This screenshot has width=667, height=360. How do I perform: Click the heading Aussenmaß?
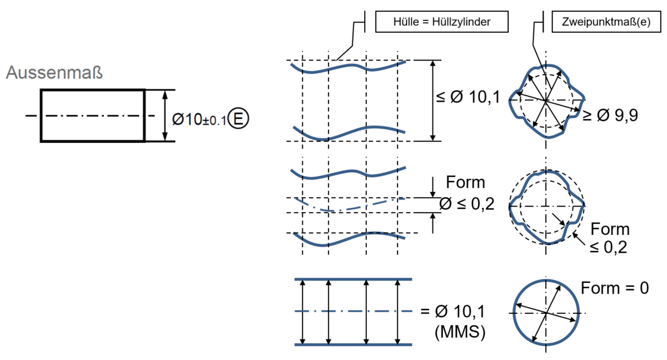[x=54, y=72]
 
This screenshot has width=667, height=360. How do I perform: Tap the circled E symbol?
[x=238, y=118]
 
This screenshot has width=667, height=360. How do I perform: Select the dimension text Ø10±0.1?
[x=199, y=119]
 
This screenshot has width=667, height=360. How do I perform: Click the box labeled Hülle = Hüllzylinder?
[x=442, y=22]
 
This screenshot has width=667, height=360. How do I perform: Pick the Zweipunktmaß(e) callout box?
[x=606, y=22]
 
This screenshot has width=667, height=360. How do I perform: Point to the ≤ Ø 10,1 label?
[x=468, y=97]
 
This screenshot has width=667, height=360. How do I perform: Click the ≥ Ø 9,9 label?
[x=610, y=115]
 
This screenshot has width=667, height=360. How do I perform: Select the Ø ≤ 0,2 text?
[x=466, y=204]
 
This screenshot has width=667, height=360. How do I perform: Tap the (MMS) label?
[x=460, y=332]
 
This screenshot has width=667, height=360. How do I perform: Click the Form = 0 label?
[x=615, y=288]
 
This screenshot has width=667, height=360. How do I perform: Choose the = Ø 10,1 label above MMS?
[x=453, y=312]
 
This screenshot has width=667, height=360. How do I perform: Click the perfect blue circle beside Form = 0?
[x=513, y=312]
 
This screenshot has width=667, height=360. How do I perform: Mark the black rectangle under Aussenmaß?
[x=41, y=116]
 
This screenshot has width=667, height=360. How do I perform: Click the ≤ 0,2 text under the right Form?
[x=608, y=247]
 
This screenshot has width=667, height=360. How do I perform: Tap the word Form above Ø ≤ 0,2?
[x=465, y=182]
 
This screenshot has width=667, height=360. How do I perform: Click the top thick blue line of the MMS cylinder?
[x=353, y=279]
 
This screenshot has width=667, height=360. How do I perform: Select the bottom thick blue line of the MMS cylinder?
[x=353, y=344]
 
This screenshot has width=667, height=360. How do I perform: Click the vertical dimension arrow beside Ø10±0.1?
[x=165, y=116]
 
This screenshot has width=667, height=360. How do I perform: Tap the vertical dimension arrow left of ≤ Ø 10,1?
[x=433, y=101]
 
